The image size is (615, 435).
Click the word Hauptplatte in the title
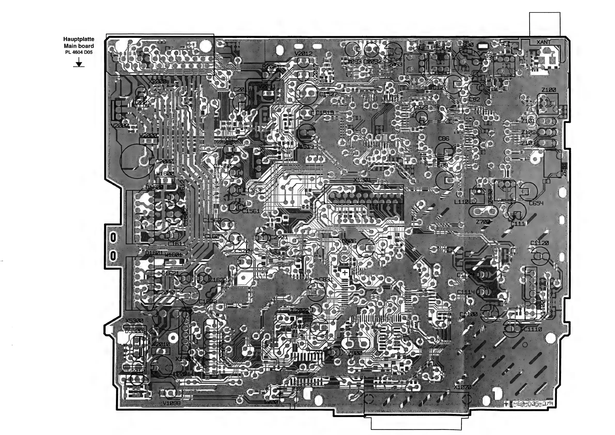click(x=79, y=39)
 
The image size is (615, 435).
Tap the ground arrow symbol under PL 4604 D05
click(x=79, y=64)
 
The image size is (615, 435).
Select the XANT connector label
click(x=543, y=42)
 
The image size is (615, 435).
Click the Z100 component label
click(x=549, y=90)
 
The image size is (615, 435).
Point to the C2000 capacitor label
click(x=165, y=161)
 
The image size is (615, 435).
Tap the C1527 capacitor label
click(x=328, y=94)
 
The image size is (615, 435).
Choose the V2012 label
click(x=303, y=53)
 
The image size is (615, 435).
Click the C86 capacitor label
click(x=443, y=139)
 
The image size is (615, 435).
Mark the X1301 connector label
click(x=362, y=180)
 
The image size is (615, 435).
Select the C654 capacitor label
click(x=536, y=203)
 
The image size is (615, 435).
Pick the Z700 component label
click(x=483, y=222)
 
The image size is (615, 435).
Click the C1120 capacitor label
click(x=540, y=243)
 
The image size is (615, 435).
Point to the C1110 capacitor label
click(x=533, y=329)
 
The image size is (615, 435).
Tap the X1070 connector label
click(x=463, y=387)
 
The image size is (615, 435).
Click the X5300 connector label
click(x=134, y=321)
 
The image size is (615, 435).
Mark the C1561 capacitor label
click(x=251, y=211)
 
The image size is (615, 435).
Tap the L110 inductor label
click(x=461, y=202)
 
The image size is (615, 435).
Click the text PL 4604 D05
click(x=79, y=52)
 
